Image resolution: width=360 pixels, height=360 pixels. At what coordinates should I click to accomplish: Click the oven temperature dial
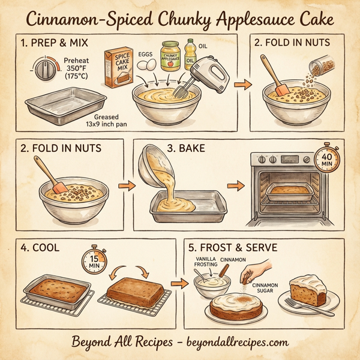(x=45, y=70)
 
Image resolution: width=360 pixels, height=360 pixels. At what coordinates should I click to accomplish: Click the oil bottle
(x=191, y=54)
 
